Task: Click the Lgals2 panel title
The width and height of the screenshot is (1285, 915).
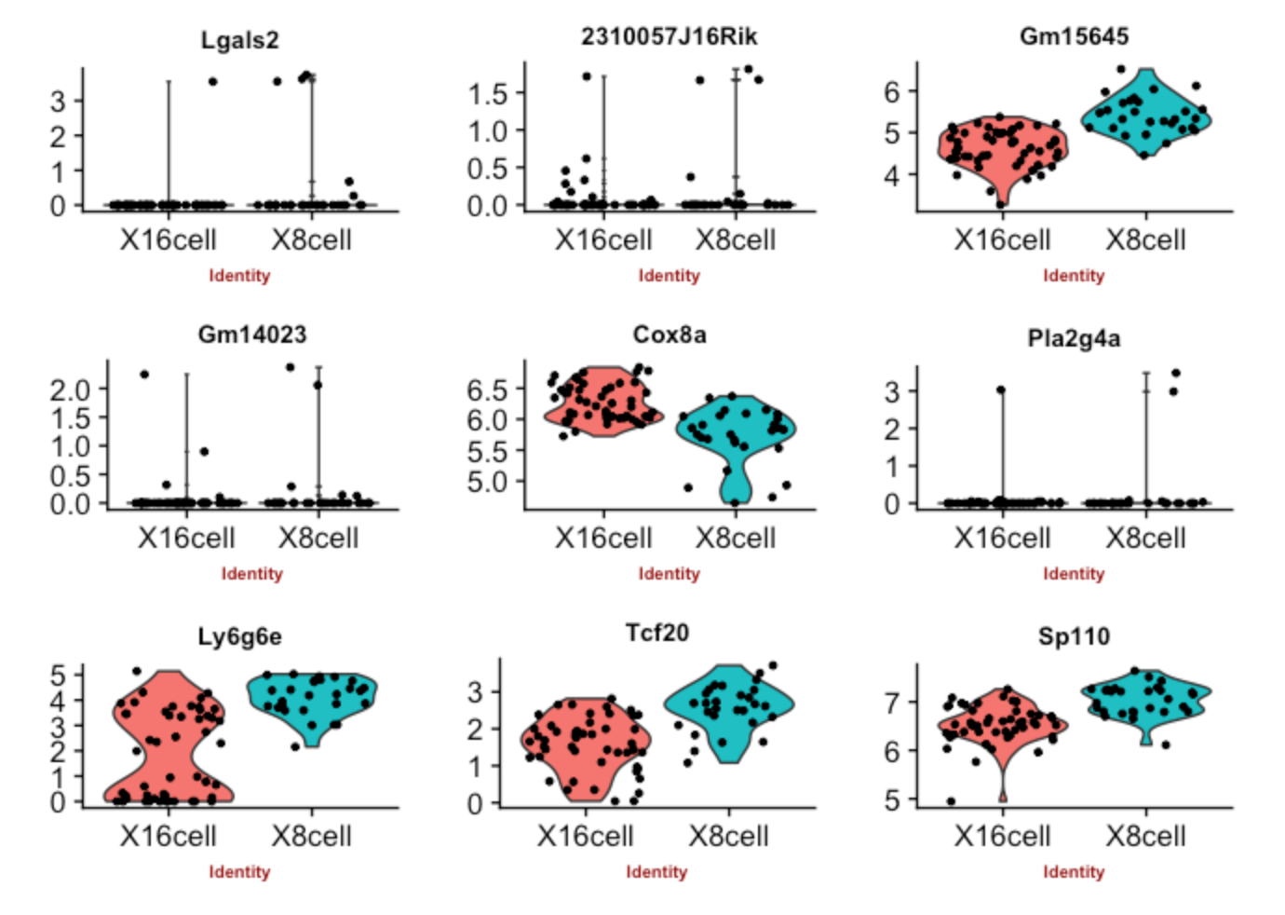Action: [239, 40]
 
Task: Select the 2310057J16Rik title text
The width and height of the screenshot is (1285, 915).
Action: [669, 36]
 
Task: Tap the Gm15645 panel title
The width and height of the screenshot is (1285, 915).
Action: [1074, 36]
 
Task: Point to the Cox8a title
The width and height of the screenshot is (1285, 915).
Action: [669, 335]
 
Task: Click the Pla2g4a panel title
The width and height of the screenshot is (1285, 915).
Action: [1074, 338]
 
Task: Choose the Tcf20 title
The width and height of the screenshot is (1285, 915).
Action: [656, 633]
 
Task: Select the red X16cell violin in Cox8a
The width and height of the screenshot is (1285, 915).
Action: [603, 403]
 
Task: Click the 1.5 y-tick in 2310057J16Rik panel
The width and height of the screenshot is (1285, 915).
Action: [487, 93]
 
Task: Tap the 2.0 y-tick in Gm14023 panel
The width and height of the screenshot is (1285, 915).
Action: [70, 389]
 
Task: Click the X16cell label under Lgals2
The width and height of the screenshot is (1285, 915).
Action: [168, 240]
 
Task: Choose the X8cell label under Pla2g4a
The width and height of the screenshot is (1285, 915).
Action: [1145, 539]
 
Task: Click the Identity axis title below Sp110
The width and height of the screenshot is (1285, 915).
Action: [1074, 872]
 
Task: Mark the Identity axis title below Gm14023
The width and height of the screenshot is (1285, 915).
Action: [251, 574]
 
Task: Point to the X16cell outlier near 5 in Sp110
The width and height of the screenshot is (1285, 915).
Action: [951, 801]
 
